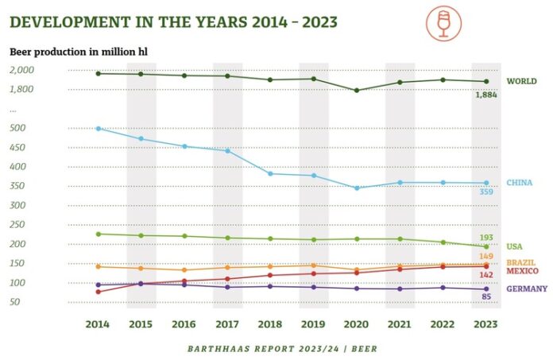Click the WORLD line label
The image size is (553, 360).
(x=522, y=81)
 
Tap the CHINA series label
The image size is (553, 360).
(x=520, y=183)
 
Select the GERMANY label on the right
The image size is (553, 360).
(x=525, y=288)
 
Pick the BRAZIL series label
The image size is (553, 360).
(x=521, y=262)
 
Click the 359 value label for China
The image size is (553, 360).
(x=486, y=192)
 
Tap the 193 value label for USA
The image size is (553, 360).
(x=486, y=238)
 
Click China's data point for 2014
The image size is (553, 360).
(x=98, y=128)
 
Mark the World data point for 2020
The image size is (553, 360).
(x=357, y=91)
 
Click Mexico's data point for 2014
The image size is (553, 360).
(x=98, y=292)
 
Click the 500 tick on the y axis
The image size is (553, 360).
(x=18, y=128)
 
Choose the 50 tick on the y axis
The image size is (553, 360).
(x=16, y=302)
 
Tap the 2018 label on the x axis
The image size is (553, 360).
(x=270, y=323)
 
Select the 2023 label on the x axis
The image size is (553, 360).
(x=485, y=323)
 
